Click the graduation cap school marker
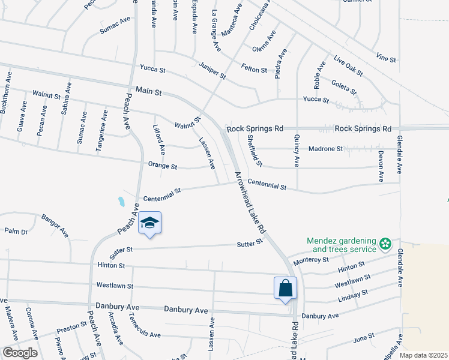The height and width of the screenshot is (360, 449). [x=149, y=224]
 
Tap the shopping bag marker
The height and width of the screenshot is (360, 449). [x=286, y=288]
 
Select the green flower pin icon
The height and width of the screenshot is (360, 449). [x=384, y=244]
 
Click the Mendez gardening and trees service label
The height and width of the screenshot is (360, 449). [x=341, y=244]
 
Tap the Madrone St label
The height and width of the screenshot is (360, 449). [x=325, y=148]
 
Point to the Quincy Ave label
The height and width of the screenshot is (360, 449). [x=297, y=151]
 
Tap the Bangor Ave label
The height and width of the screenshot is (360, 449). [x=55, y=225]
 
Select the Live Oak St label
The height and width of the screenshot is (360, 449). [x=348, y=67]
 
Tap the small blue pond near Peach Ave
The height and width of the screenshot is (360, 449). [x=121, y=202]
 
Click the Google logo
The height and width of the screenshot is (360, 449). [x=20, y=353]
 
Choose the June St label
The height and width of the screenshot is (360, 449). [x=364, y=337]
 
